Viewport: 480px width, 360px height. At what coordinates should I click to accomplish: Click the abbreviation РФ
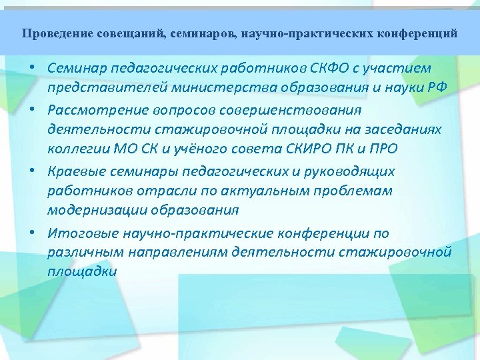pyautogui.click(x=437, y=89)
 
